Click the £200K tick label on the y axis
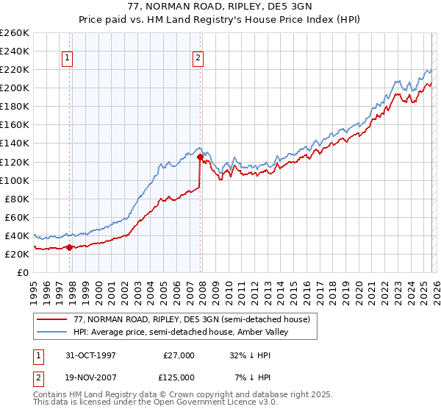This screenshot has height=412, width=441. (14, 88)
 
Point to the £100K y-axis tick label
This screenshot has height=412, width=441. (14, 180)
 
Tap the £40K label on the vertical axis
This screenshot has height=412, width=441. (17, 235)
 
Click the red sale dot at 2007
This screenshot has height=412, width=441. (200, 157)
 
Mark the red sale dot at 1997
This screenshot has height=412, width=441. (70, 247)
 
